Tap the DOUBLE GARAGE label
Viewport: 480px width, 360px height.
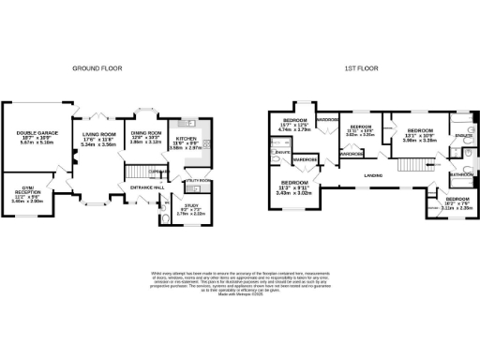[x=37, y=134]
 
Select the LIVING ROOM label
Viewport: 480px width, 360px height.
[x=98, y=136]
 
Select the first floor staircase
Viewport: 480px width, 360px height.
[x=411, y=166]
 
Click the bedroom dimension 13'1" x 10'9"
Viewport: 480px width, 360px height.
[x=419, y=140]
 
